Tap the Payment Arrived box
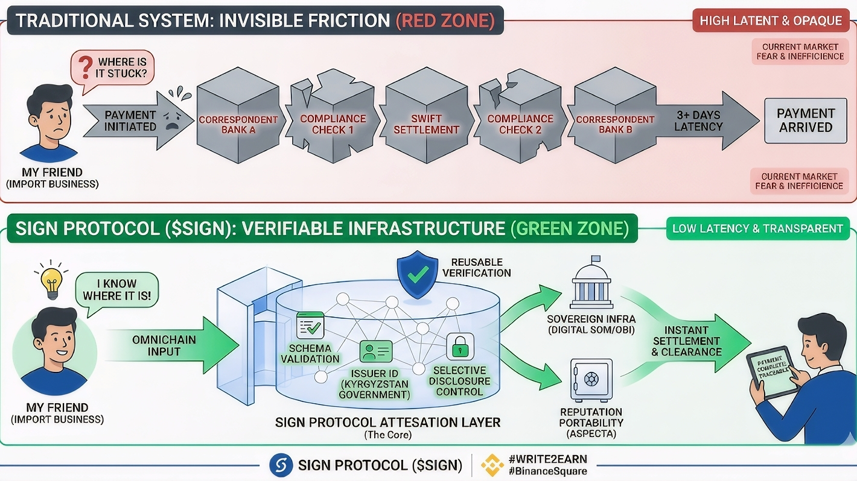point(805,121)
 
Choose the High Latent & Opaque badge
point(771,20)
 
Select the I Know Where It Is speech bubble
point(117,290)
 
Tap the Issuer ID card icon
point(376,351)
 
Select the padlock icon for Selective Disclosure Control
point(460,347)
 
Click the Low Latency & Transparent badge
point(757,228)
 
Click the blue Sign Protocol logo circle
point(281,465)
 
